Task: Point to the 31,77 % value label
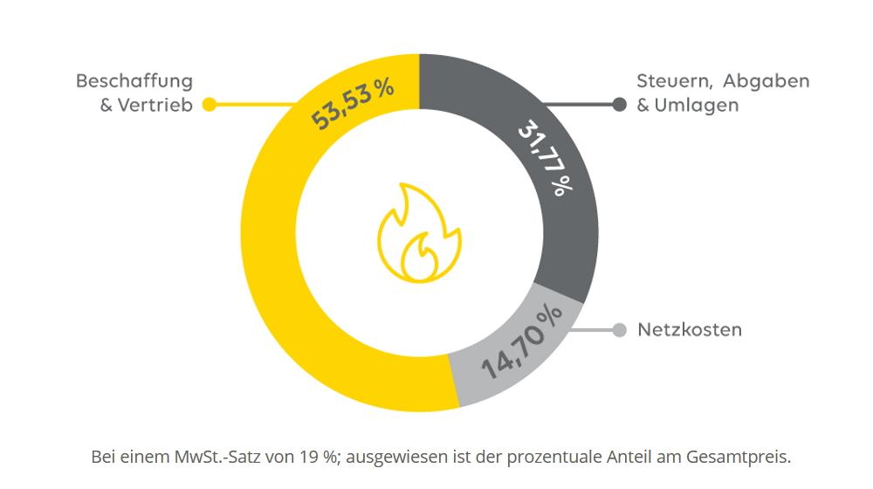pos(546,158)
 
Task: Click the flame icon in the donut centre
pos(418,234)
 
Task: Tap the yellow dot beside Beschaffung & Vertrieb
pos(210,105)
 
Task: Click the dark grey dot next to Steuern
pos(620,105)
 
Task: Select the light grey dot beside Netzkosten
pos(620,330)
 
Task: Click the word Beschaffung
pos(134,81)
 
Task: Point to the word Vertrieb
pos(156,106)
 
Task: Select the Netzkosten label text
pos(690,330)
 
